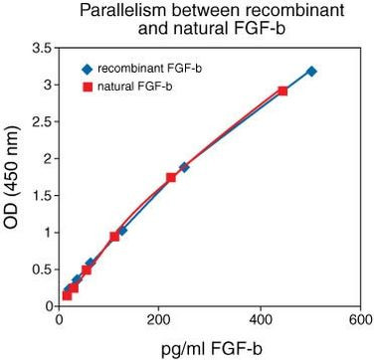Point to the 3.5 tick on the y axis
40,48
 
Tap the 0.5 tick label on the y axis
40,270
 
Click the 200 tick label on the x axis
159,322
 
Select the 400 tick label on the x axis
260,322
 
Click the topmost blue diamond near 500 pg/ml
311,72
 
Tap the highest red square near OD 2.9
282,90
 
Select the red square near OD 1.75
171,177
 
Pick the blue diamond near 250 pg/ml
184,167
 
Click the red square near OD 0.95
114,237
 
